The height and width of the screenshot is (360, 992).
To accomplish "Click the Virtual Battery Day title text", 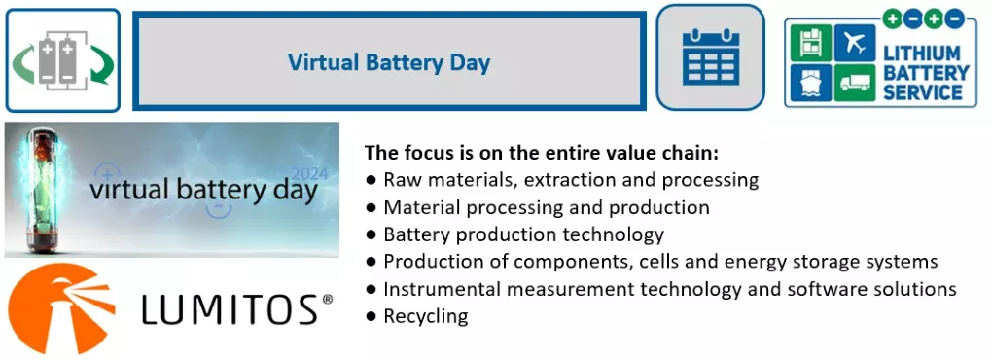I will coord(389,63).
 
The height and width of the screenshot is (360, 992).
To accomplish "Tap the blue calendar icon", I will coord(710,57).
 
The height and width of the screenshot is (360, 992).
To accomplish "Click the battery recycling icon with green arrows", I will coord(63,60).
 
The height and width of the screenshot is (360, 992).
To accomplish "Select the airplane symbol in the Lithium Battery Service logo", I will coord(854,44).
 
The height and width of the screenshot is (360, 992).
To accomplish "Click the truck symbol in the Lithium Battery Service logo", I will coord(853,85).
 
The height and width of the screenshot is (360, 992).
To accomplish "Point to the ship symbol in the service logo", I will coord(810,85).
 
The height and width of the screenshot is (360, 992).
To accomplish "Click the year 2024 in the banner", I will coord(310,174).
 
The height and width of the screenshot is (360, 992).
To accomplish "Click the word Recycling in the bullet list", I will coord(426,316).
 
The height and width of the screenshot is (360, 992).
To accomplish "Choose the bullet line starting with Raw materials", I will coord(570,180).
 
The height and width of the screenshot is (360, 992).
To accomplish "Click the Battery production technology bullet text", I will coord(523,234).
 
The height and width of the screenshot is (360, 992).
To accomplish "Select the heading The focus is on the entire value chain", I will coord(541,153).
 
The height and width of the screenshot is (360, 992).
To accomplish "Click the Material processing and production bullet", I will coord(546,207).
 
